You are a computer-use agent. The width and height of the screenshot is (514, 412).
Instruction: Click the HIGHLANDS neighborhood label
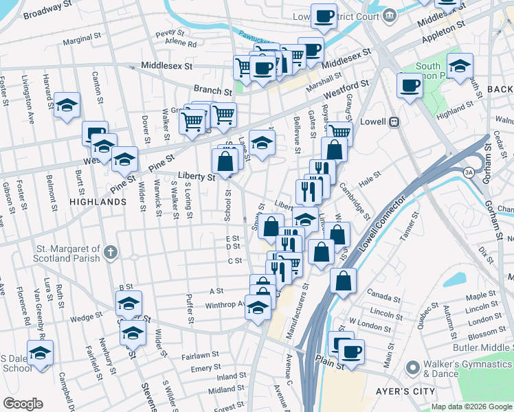97,202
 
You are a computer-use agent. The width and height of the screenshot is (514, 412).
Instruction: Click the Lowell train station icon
394,122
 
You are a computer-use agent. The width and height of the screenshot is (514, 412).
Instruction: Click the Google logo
23,404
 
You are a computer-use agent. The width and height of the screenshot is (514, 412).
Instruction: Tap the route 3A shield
469,172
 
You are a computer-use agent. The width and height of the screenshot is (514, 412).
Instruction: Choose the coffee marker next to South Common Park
410,86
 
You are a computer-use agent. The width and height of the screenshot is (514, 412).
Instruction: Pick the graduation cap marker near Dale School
41,354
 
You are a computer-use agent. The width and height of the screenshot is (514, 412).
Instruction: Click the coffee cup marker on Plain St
352,351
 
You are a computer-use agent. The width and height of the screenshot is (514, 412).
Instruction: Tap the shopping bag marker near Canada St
343,280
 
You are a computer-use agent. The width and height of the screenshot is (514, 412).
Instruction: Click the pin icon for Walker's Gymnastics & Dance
412,368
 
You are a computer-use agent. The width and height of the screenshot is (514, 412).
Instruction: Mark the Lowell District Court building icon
389,14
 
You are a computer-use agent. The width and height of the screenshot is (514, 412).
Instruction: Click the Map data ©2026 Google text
471,407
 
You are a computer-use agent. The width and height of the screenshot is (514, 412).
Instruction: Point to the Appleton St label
447,32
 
